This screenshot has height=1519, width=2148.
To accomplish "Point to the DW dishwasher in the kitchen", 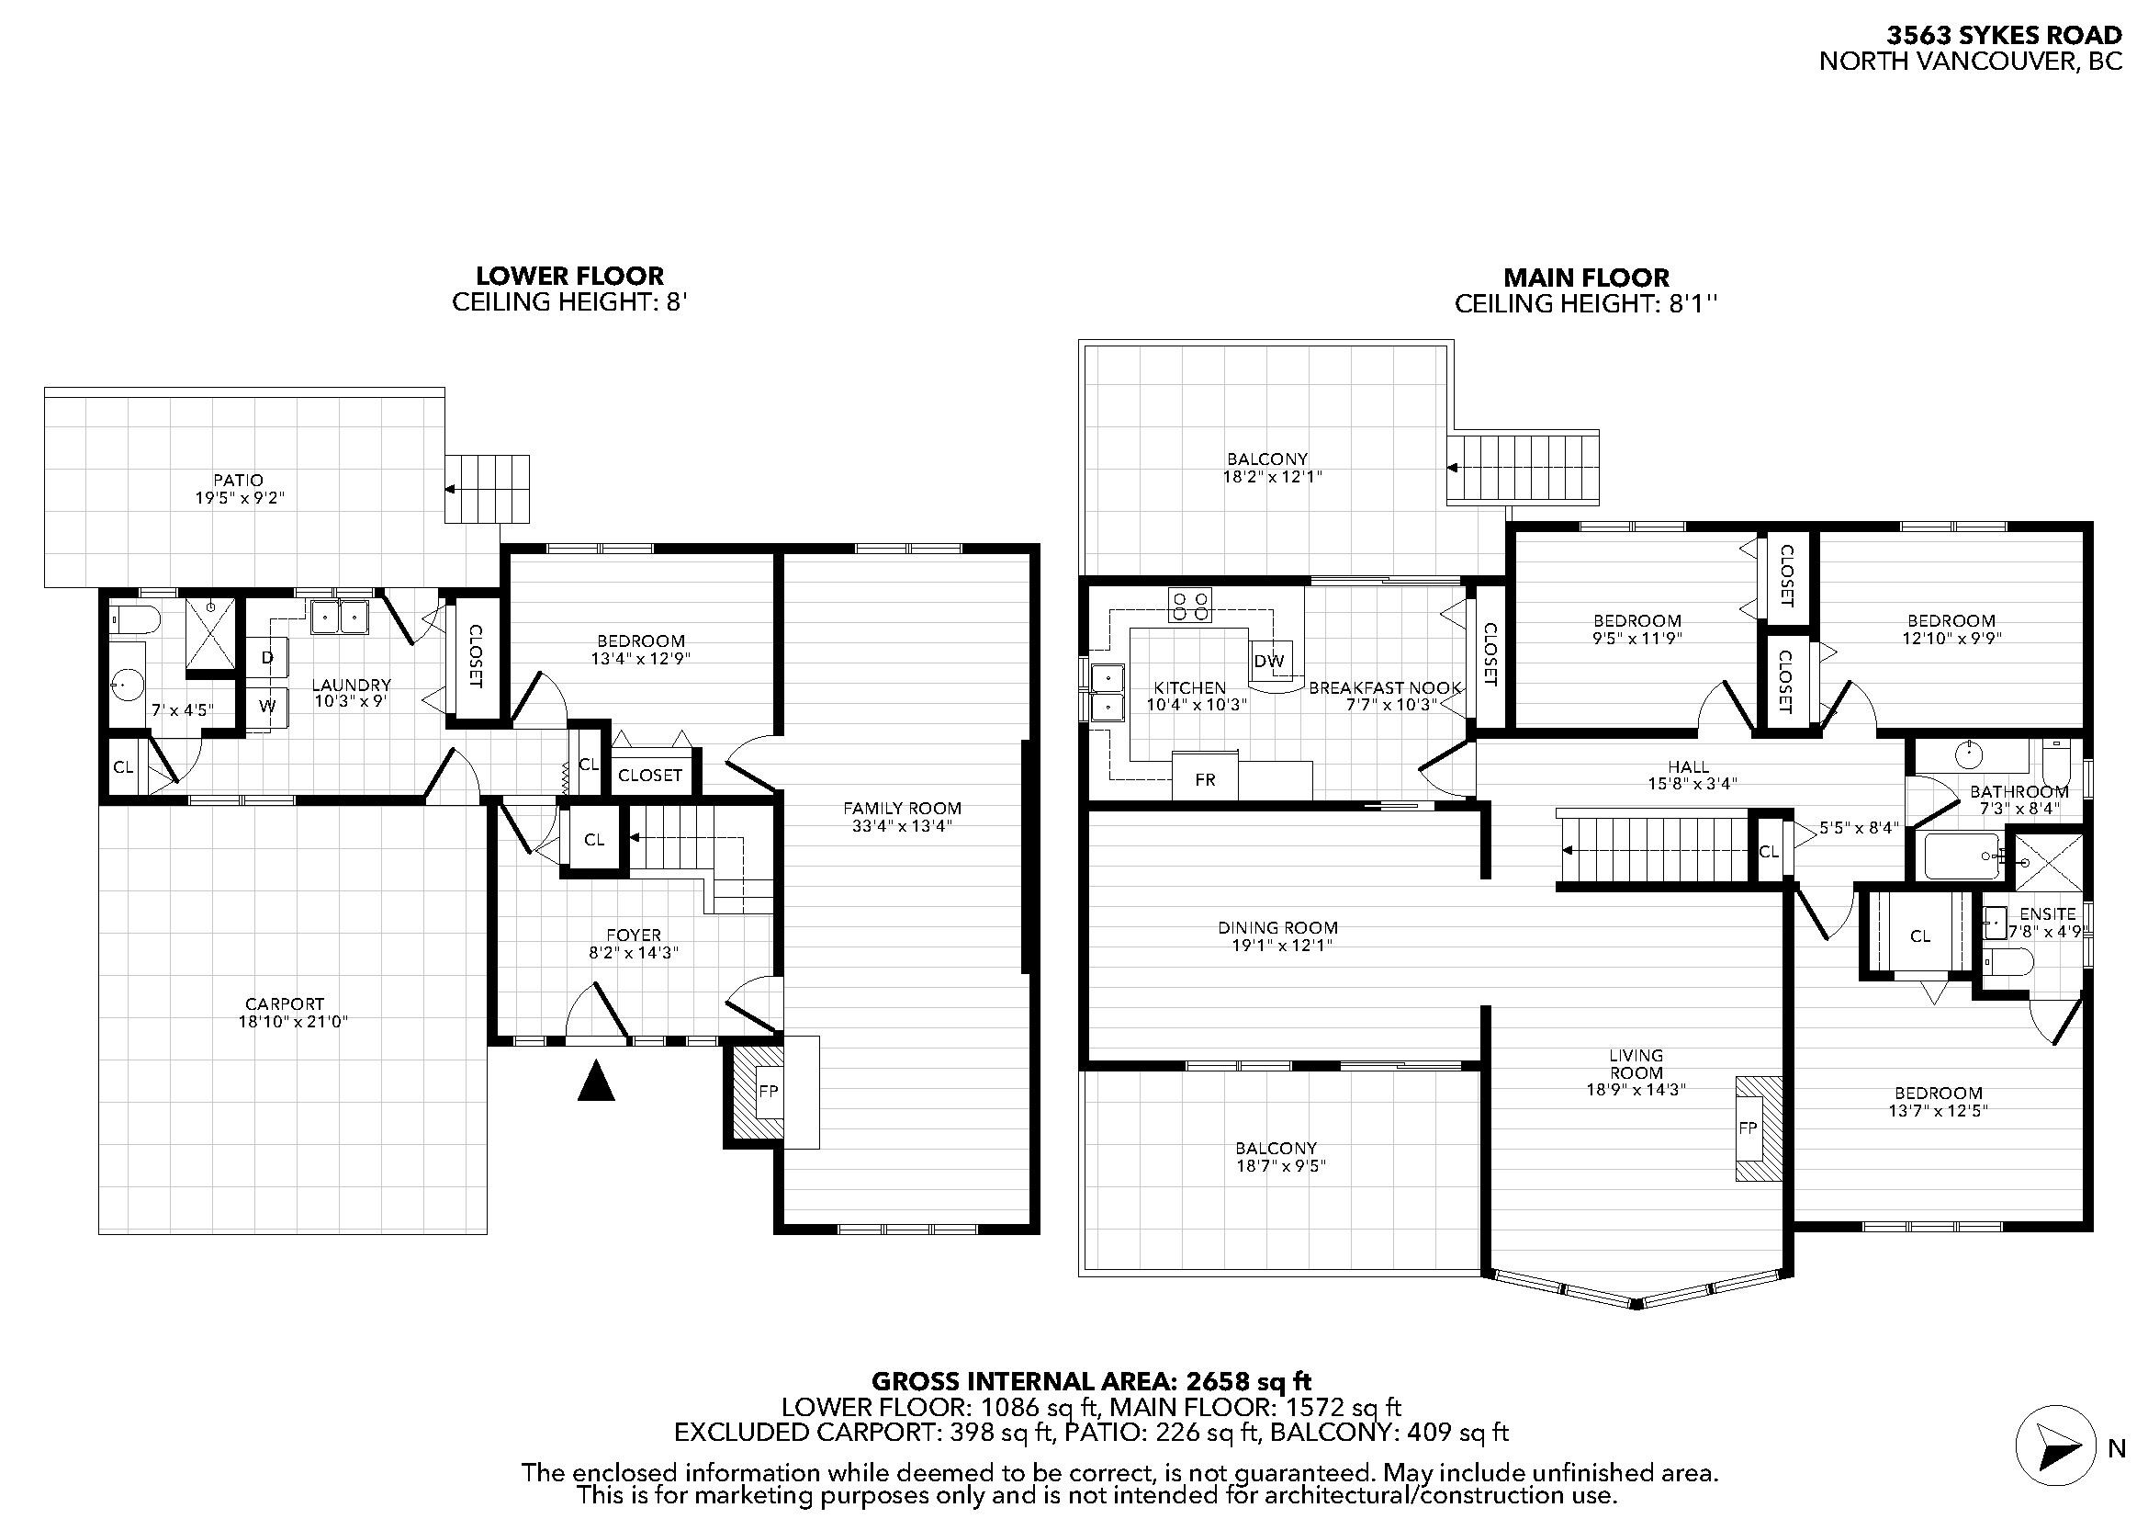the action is coord(1269,661).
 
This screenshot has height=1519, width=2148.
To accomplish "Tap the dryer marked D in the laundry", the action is coord(266,658).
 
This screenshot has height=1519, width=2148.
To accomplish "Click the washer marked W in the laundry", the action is coord(266,708).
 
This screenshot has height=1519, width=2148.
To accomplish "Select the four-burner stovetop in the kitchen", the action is coord(1190,606).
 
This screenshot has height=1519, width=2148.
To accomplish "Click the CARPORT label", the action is coord(285,1004).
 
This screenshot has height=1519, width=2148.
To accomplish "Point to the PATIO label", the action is coord(239,480).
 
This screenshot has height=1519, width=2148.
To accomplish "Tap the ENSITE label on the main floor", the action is coord(2048,914).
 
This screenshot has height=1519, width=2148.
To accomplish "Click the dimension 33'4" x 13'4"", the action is coord(902,825).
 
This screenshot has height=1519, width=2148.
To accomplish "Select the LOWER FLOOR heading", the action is coord(569,276).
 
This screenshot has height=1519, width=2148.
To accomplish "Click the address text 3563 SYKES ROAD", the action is coord(2004,36).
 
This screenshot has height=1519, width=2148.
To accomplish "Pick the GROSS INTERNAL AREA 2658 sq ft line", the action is coord(1091,1381).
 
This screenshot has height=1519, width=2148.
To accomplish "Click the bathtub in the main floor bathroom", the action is coord(1962,856).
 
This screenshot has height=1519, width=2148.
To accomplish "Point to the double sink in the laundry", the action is coord(339,617).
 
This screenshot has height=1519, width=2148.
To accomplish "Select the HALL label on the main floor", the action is coord(1689,766).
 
